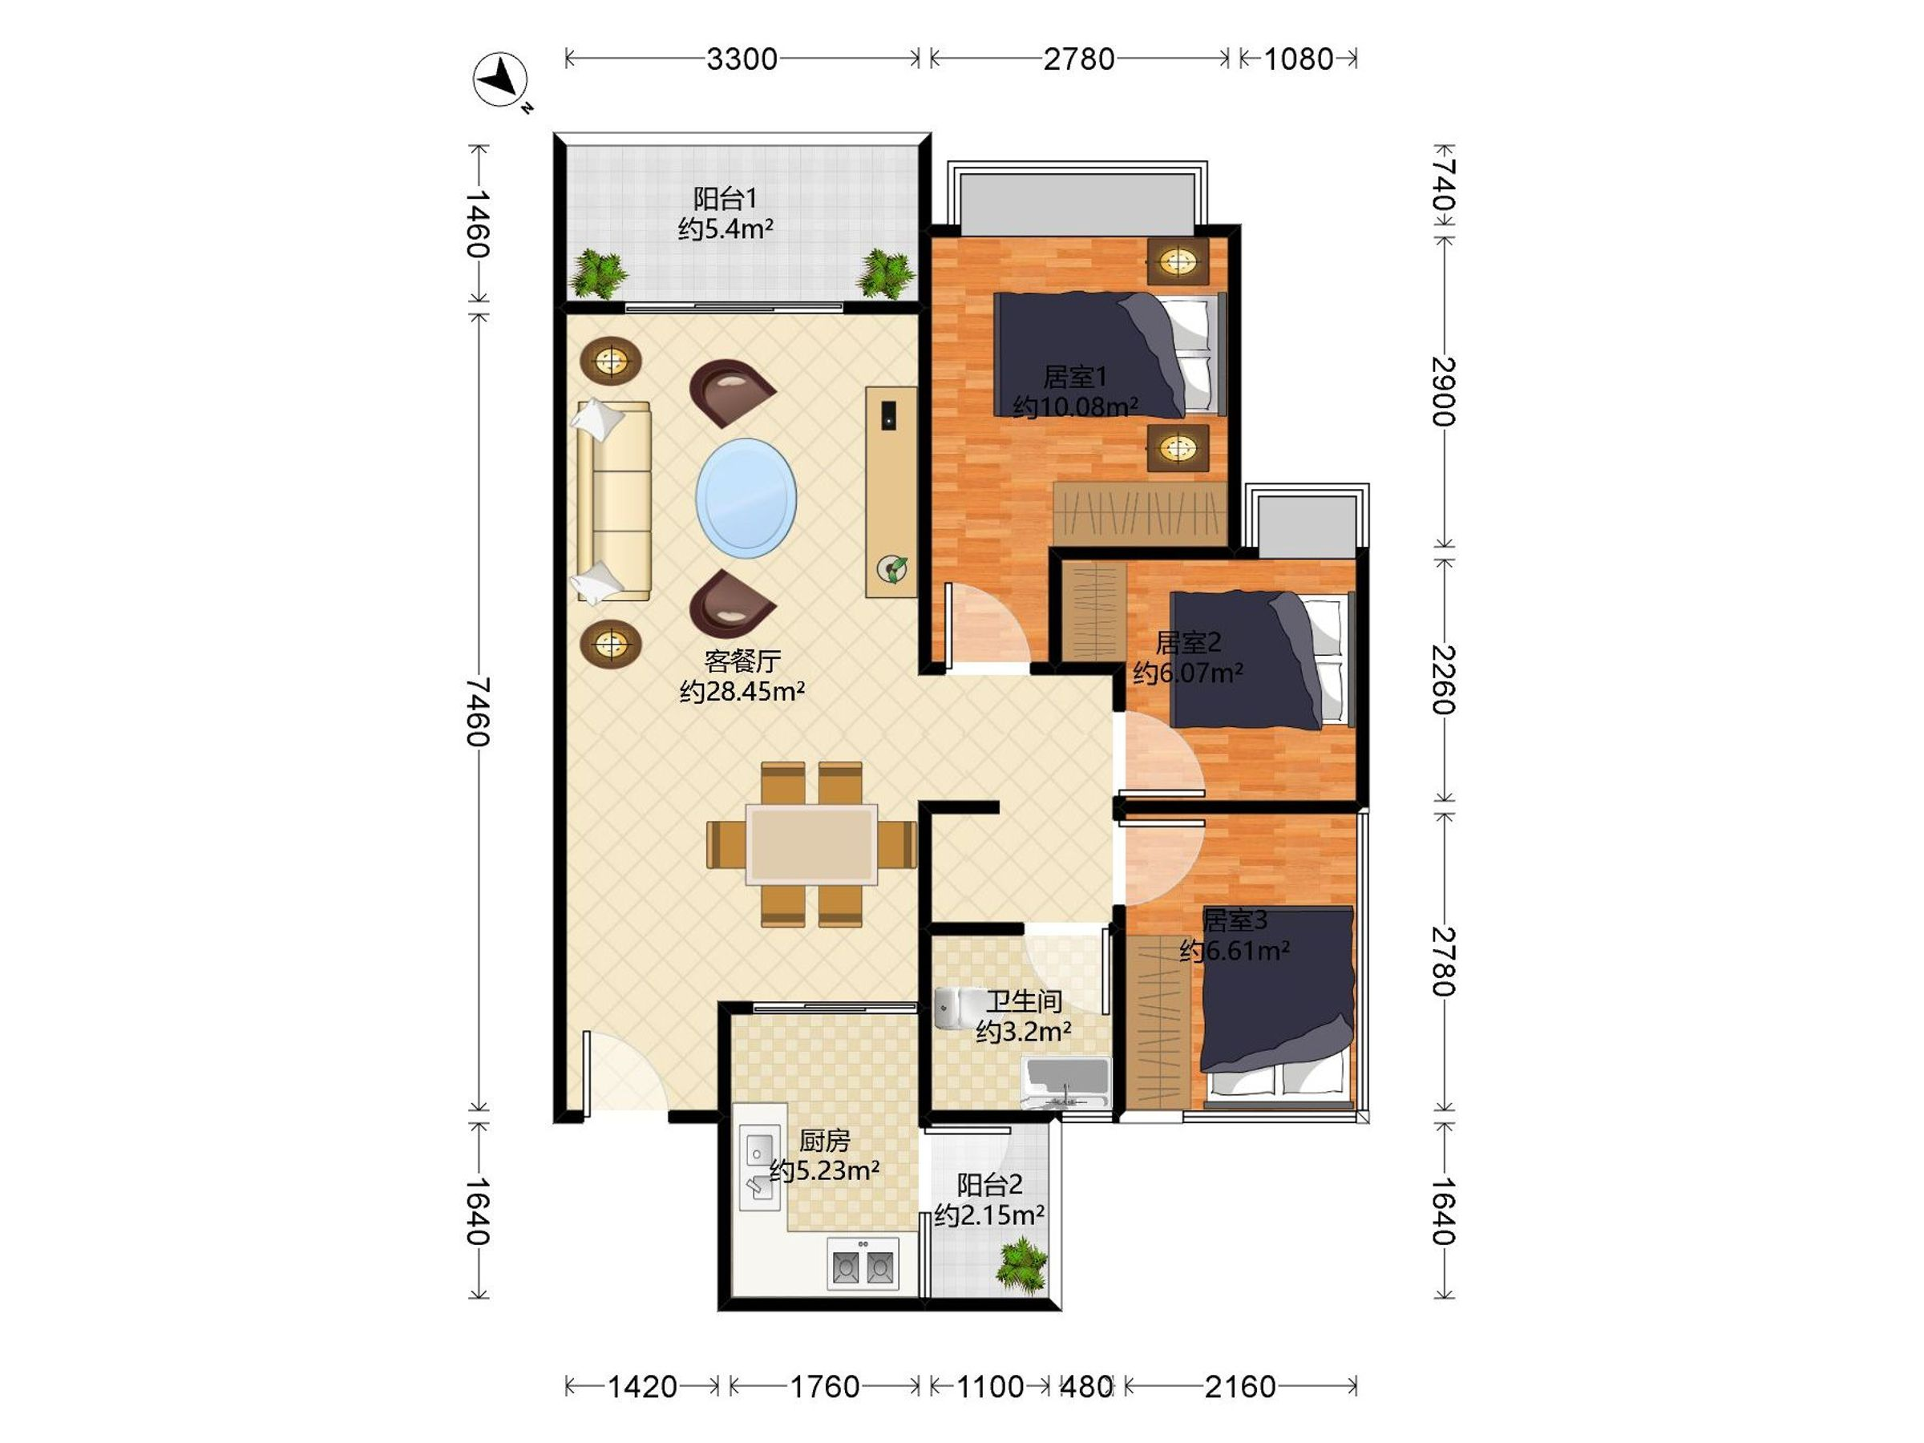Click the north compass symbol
(500, 80)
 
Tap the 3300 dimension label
(741, 59)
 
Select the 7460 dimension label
(478, 712)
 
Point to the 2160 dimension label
(1239, 1386)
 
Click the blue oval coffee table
(746, 498)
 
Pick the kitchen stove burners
(862, 1266)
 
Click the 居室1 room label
(1075, 377)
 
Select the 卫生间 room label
(1023, 1001)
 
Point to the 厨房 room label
(823, 1140)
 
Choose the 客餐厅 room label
(742, 662)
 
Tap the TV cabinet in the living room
(891, 491)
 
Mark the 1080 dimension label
(1298, 59)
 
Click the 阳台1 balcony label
(725, 198)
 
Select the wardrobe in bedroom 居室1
(1139, 513)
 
